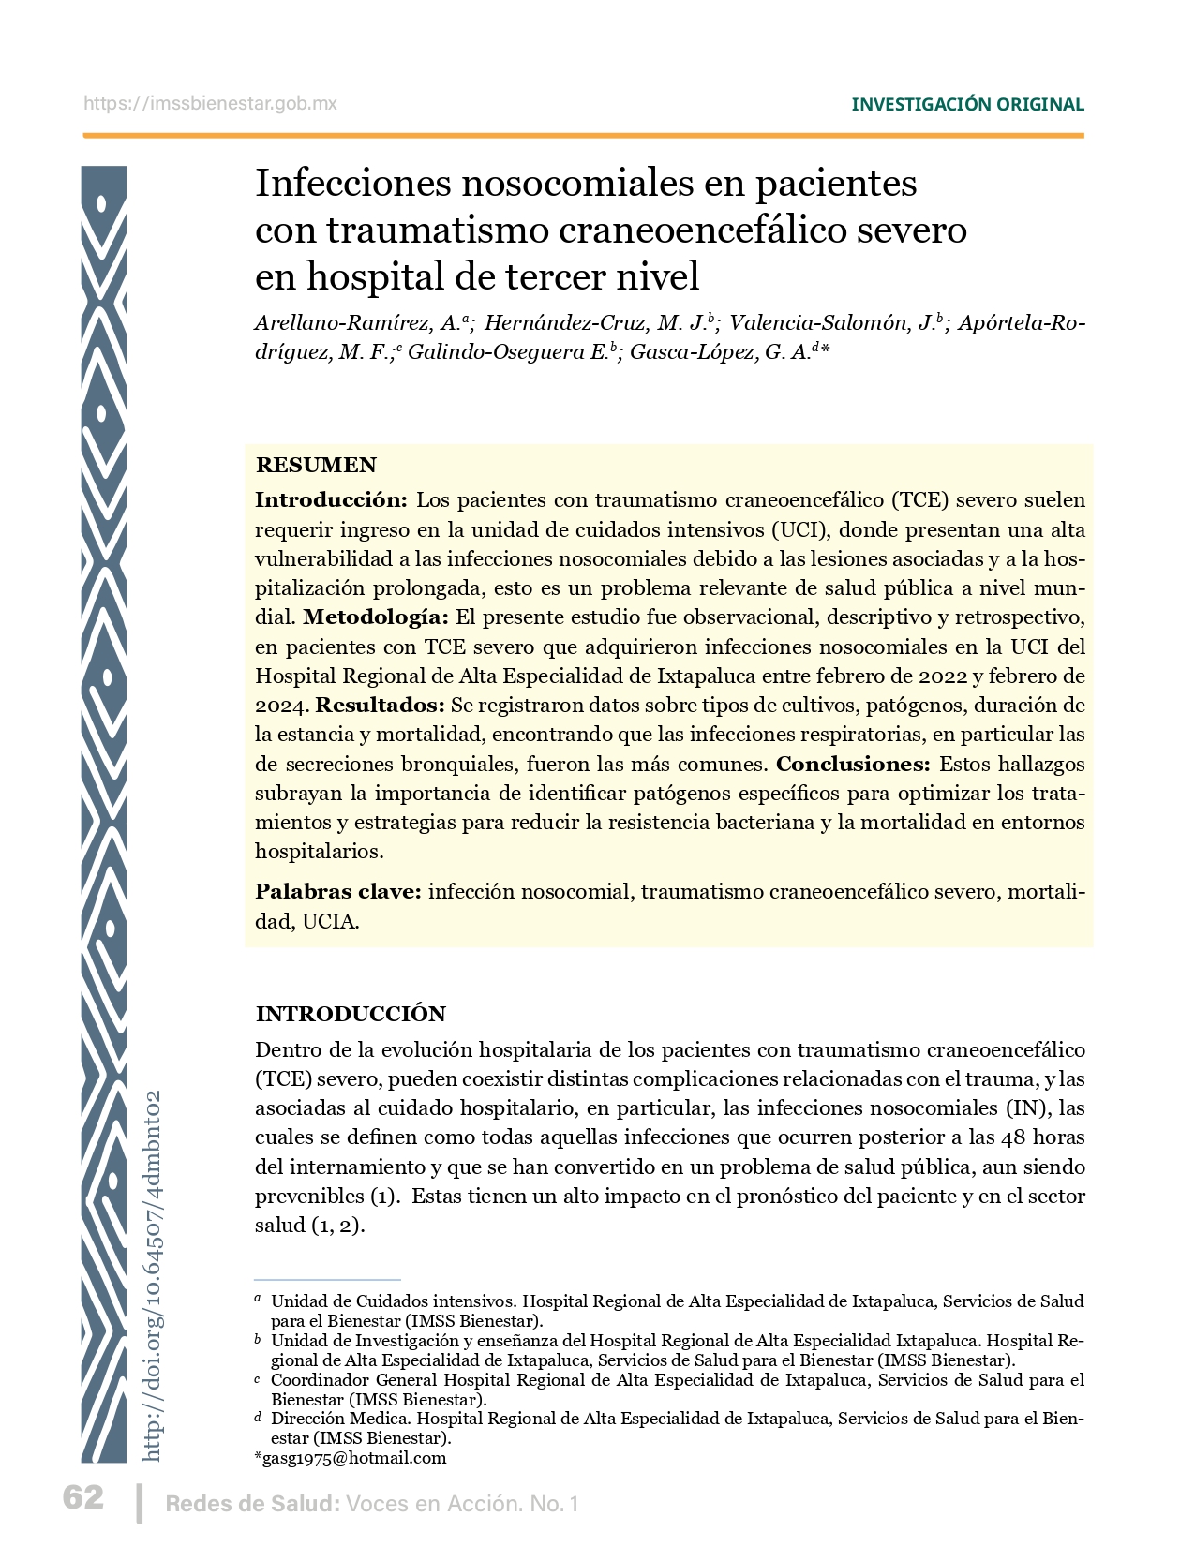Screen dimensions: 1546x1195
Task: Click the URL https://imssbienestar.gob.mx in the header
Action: [210, 103]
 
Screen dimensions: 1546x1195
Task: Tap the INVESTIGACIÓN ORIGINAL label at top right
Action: [967, 104]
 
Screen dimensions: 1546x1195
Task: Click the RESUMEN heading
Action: [316, 465]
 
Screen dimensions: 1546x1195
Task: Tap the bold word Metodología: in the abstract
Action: [375, 617]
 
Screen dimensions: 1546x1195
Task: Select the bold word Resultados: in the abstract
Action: [380, 705]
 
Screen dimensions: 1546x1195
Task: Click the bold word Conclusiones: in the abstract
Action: [853, 764]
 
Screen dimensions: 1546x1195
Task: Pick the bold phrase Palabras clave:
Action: [338, 891]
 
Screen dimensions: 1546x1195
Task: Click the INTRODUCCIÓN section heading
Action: [351, 1014]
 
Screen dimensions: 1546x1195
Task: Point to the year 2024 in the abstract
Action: [280, 705]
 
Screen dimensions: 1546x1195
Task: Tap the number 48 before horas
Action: [1014, 1137]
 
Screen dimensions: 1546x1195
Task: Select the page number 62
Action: [83, 1497]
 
